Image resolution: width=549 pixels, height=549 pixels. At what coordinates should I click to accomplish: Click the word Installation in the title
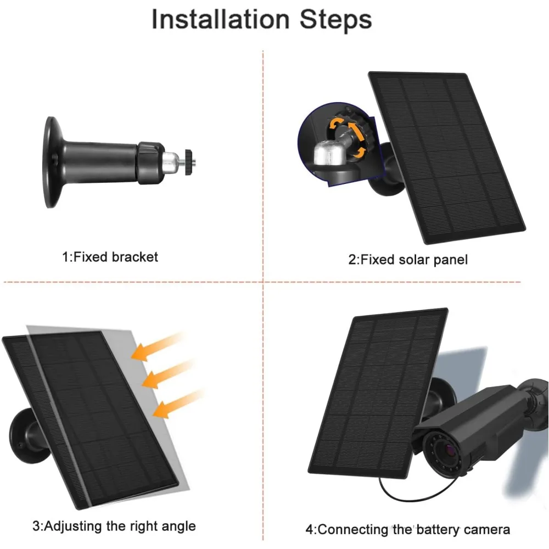tap(221, 19)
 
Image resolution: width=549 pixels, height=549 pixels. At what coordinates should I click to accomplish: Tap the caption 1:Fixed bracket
tap(110, 256)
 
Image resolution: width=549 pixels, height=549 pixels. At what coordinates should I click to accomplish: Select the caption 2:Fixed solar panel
tap(408, 260)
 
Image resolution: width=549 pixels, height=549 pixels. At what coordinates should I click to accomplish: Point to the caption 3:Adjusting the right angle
tap(114, 526)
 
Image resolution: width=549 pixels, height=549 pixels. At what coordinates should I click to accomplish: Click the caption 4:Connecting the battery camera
tap(408, 529)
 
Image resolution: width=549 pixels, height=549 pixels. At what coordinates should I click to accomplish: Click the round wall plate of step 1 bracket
tap(52, 162)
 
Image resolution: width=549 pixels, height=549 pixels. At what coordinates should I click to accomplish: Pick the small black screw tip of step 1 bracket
tap(189, 162)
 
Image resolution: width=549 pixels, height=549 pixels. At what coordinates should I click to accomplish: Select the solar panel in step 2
tap(447, 157)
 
